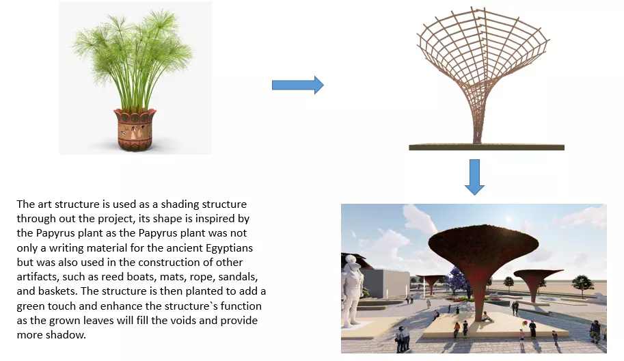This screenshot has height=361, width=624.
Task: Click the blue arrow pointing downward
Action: pos(474,176)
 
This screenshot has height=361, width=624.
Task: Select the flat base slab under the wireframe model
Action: pos(486,146)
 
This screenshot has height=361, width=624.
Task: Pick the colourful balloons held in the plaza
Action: pos(523,323)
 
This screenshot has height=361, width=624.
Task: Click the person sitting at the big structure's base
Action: pos(485,317)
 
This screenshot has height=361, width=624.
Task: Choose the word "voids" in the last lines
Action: pos(180,320)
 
